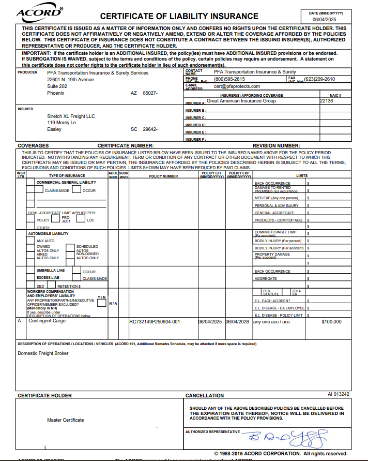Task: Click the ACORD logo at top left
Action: click(39, 13)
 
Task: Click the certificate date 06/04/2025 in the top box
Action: click(324, 19)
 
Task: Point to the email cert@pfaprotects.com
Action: click(233, 86)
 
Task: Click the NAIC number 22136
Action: click(327, 101)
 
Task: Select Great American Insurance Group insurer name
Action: click(241, 101)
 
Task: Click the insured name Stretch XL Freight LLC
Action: click(71, 116)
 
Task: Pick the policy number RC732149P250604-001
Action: click(155, 322)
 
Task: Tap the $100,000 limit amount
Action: click(331, 322)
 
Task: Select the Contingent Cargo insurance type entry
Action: click(47, 321)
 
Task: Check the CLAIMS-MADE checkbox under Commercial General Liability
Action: click(39, 190)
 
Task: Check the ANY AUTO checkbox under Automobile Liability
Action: click(31, 241)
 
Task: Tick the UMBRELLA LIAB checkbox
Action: click(31, 271)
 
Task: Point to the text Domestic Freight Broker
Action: click(43, 353)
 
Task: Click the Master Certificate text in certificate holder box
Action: click(65, 420)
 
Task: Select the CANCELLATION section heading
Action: click(205, 395)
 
